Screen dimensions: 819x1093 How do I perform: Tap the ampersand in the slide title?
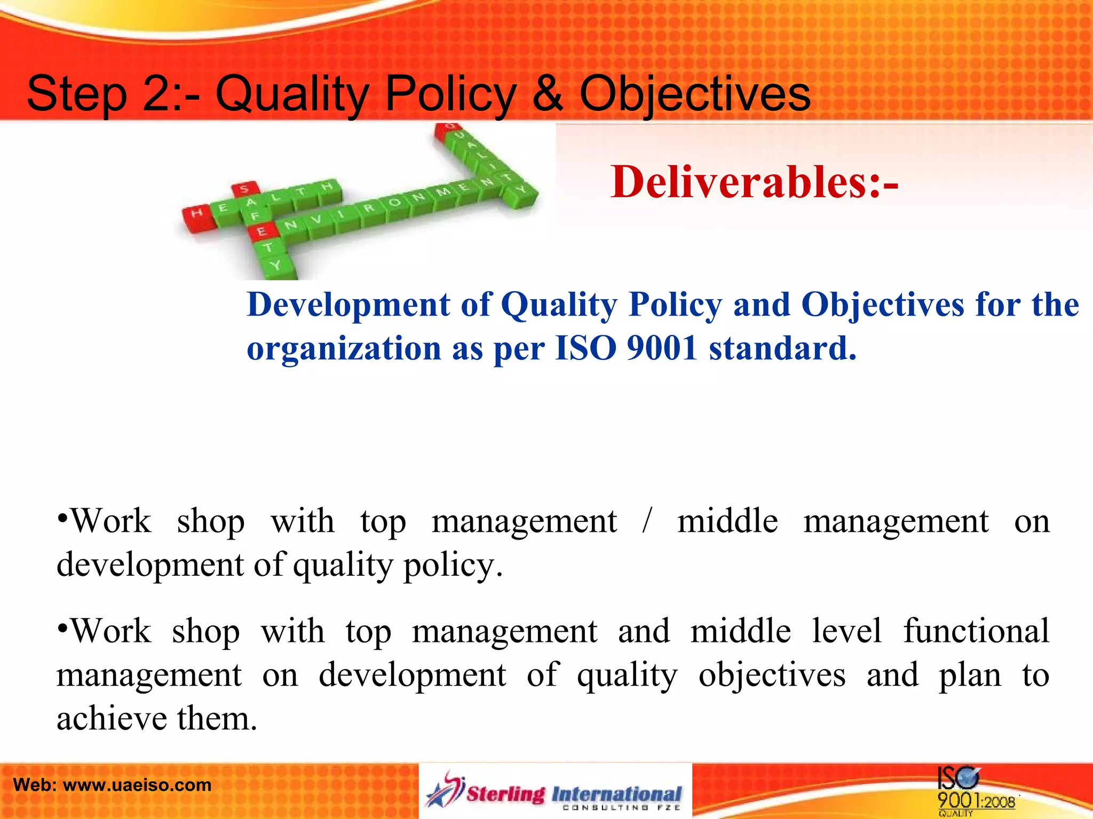(x=547, y=94)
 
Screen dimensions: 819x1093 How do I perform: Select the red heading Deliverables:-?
(x=754, y=182)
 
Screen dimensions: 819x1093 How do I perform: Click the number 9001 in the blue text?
(x=662, y=349)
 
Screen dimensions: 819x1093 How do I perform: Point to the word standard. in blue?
(x=782, y=349)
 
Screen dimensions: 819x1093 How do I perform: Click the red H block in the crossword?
(x=196, y=214)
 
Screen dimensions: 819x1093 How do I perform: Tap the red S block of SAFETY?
(x=244, y=189)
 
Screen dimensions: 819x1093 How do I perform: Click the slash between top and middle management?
(x=647, y=521)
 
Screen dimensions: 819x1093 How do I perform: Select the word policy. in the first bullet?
(x=453, y=565)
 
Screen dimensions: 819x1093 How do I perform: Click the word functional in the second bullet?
(x=976, y=631)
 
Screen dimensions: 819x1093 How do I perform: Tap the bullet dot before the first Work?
(x=62, y=518)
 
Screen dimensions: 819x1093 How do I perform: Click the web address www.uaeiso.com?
(x=137, y=785)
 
